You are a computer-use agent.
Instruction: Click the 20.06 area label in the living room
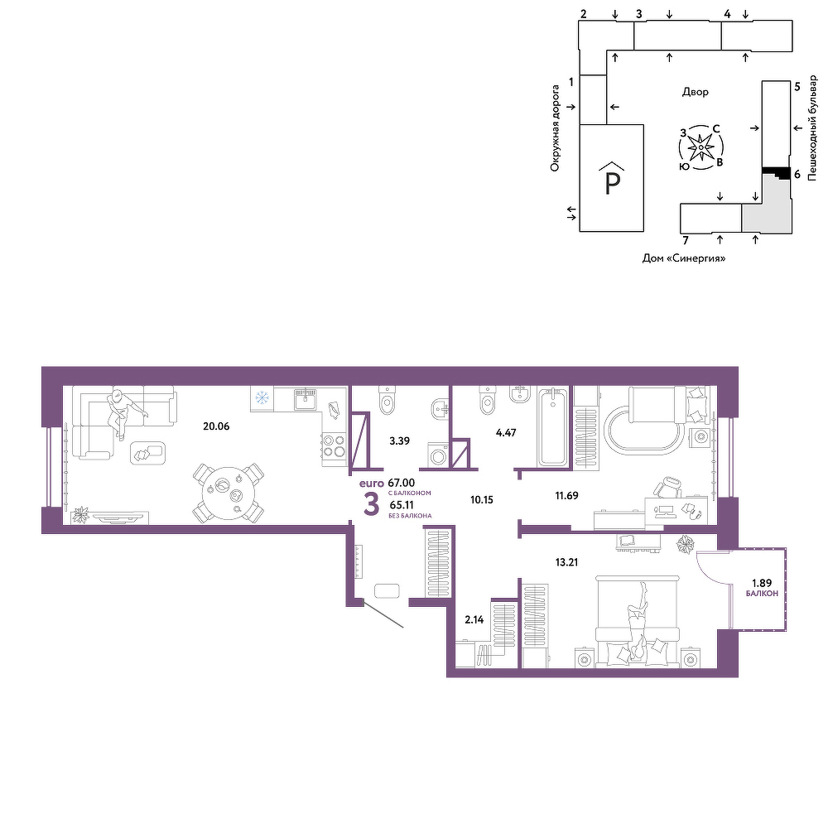216,426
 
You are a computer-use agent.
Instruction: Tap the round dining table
229,492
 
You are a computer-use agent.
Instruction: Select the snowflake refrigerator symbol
262,397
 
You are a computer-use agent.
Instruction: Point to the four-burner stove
335,445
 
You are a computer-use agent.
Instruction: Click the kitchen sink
306,399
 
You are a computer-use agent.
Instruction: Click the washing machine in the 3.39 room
438,454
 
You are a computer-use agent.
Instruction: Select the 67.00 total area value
402,483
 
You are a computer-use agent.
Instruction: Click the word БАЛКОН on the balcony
762,594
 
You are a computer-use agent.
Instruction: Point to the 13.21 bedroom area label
566,562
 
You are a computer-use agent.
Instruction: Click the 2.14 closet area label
474,620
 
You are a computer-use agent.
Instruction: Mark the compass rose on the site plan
700,147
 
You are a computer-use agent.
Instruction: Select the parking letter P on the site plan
612,184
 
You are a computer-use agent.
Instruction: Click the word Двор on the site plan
696,92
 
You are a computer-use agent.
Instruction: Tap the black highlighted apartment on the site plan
776,171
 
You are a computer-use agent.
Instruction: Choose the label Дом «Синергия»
684,258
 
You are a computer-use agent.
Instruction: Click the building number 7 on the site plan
686,241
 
